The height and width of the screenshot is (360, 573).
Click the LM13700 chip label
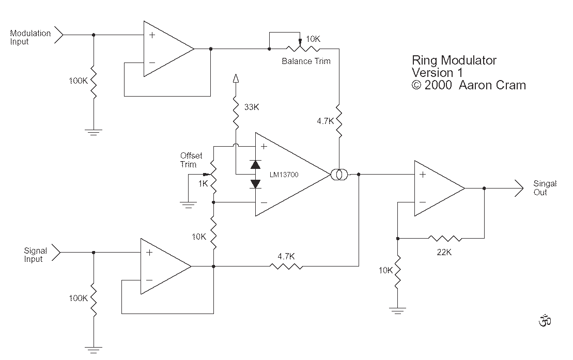point(284,175)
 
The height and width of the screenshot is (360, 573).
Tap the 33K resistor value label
point(252,107)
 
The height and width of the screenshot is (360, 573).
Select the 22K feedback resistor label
point(444,252)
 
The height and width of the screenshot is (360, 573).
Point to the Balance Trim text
point(306,61)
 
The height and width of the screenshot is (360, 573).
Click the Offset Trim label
point(191,160)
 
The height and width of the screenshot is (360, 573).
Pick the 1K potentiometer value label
point(203,183)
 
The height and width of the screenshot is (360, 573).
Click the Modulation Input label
point(30,37)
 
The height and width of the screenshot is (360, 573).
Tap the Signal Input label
point(36,255)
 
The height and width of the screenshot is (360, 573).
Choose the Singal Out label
point(545,188)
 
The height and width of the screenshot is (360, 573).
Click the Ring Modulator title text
point(454,60)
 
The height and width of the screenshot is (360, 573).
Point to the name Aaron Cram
point(492,85)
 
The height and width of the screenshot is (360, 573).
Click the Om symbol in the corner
point(545,320)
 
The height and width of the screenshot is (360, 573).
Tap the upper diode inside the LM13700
point(255,164)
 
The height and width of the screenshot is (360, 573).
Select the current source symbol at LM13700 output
point(339,175)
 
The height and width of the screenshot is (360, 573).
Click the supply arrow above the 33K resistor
point(236,79)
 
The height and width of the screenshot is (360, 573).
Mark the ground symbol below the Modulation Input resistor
point(94,132)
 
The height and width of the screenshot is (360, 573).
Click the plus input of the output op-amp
point(423,175)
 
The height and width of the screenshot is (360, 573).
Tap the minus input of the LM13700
point(264,202)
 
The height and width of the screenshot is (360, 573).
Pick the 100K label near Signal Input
point(78,298)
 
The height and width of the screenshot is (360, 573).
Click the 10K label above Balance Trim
point(313,39)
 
